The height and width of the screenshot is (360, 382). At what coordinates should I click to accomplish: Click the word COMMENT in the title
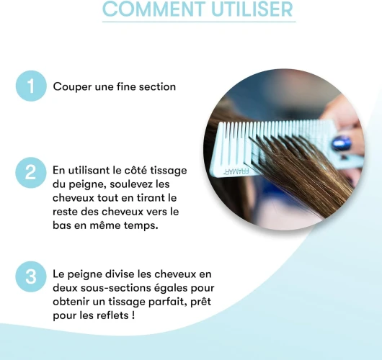pyautogui.click(x=154, y=9)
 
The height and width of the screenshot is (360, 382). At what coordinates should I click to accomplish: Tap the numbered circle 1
pyautogui.click(x=31, y=86)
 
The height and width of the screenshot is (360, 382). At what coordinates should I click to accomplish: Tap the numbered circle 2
pyautogui.click(x=31, y=173)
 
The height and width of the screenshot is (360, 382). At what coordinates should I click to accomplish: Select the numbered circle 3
pyautogui.click(x=31, y=276)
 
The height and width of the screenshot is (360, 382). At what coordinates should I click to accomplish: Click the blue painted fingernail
pyautogui.click(x=342, y=143)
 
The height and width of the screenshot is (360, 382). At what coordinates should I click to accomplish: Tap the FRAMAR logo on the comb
pyautogui.click(x=236, y=171)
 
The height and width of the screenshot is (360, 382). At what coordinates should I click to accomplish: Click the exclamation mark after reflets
pyautogui.click(x=133, y=315)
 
